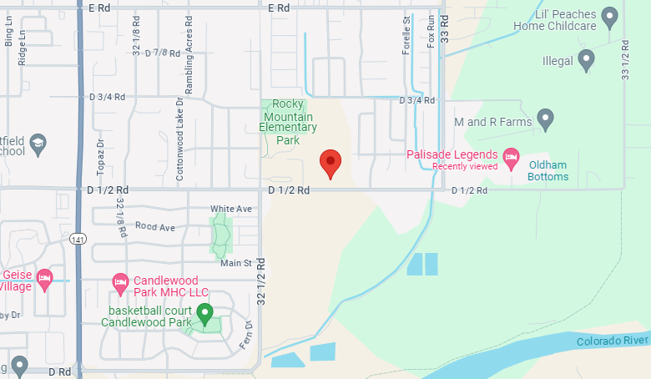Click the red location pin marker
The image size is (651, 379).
(331, 164)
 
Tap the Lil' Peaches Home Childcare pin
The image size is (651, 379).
(610, 15)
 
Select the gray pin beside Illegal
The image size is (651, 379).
(587, 59)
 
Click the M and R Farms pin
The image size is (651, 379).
(546, 119)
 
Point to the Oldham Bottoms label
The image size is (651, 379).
(548, 171)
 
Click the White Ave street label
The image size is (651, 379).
(231, 209)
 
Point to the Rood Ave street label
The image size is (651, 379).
(155, 227)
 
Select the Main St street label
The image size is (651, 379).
(236, 263)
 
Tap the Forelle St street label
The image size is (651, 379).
(407, 35)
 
